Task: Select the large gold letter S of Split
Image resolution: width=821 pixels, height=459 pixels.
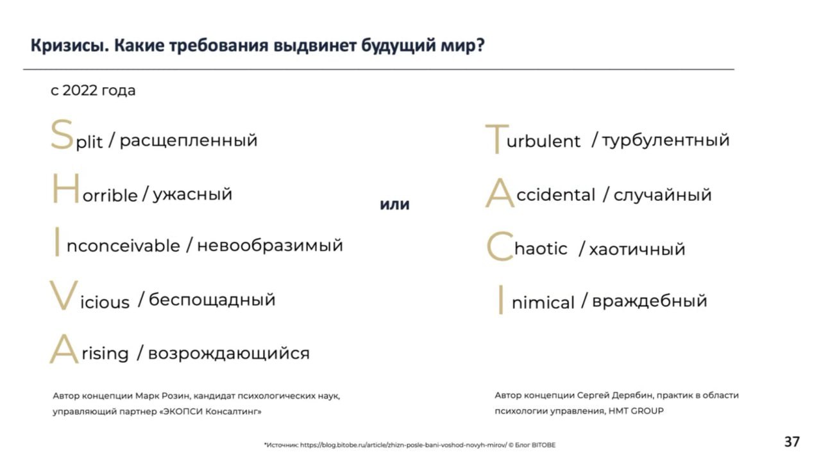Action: tap(62, 135)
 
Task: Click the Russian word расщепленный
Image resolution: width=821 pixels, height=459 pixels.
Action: tap(189, 141)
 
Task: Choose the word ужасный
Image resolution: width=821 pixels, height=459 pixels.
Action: tap(192, 194)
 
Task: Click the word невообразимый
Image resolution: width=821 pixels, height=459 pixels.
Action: tap(270, 246)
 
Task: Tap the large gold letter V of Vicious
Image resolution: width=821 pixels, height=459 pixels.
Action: tap(63, 295)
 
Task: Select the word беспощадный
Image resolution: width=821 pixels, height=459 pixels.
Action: tap(212, 299)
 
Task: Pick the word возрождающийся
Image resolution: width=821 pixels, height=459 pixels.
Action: tap(229, 354)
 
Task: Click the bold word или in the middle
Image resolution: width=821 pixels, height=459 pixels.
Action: tap(394, 204)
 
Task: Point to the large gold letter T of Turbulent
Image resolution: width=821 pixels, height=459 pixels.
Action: tap(497, 139)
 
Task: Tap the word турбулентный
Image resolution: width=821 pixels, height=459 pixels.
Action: tap(666, 140)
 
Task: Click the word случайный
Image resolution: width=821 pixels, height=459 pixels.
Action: tap(663, 195)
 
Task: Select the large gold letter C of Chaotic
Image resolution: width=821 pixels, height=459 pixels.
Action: tap(500, 247)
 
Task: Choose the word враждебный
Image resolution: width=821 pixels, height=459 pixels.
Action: tap(650, 301)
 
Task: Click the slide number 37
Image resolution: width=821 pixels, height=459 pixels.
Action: tap(792, 442)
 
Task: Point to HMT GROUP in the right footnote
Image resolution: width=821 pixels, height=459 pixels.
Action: tap(636, 411)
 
